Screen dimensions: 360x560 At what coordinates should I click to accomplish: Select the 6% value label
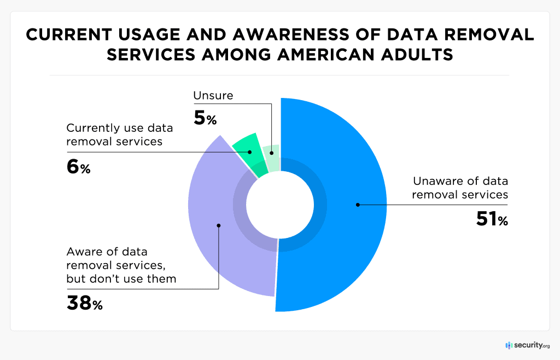click(78, 167)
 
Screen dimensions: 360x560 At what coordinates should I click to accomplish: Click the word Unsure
click(213, 96)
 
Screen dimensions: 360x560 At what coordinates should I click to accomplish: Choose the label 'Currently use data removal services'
click(119, 135)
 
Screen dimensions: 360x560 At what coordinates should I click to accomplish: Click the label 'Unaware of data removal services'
click(460, 188)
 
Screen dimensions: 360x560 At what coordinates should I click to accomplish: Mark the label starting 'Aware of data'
click(121, 265)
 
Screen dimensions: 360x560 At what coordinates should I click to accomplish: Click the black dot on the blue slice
click(358, 205)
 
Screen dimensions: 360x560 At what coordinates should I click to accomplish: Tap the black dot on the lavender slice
click(218, 225)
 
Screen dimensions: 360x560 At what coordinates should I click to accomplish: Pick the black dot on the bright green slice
click(250, 152)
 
